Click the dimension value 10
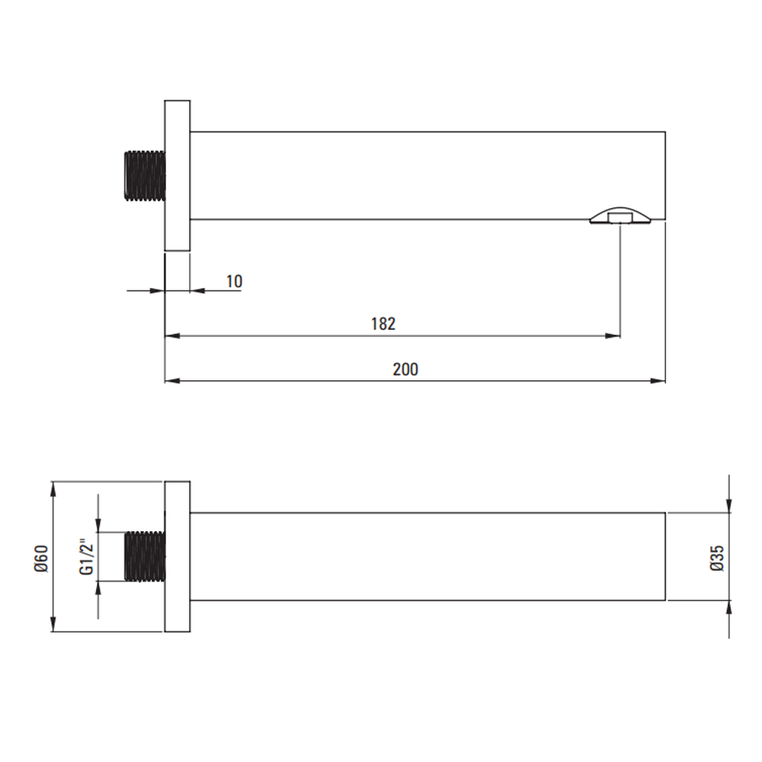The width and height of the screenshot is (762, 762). pos(234,281)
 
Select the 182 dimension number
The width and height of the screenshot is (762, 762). pos(383,324)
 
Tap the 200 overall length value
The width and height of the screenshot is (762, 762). pos(405,370)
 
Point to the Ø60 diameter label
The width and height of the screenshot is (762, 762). pos(41,559)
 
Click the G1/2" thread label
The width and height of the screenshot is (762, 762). pos(86,556)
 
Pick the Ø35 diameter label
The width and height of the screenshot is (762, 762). pos(717,558)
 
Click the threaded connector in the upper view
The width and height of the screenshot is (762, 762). pos(145,175)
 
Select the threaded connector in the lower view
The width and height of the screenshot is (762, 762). pos(145,556)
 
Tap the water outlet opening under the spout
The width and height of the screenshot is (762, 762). pos(620,216)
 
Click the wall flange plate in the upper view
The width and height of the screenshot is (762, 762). pos(178,175)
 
